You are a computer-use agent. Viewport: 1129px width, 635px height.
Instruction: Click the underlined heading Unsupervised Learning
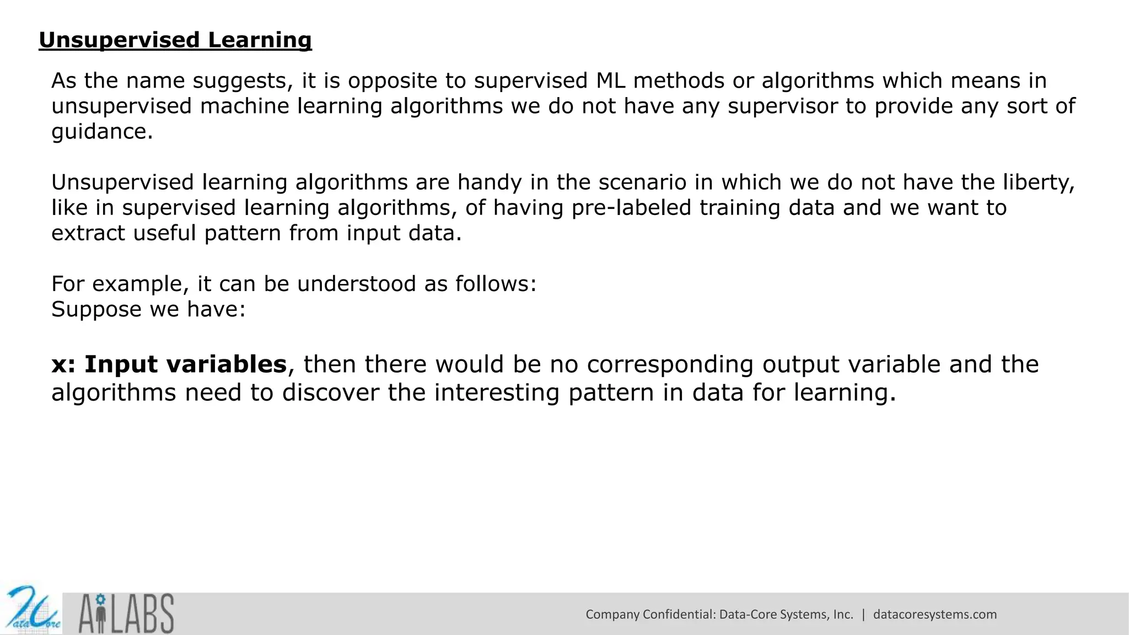pyautogui.click(x=175, y=40)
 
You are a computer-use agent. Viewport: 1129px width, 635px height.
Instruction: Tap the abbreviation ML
pyautogui.click(x=610, y=81)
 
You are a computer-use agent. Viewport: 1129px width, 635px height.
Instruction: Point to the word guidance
pyautogui.click(x=101, y=132)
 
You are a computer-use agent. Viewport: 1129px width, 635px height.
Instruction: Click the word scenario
pyautogui.click(x=642, y=182)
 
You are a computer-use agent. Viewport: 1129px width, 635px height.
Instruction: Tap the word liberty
pyautogui.click(x=1039, y=182)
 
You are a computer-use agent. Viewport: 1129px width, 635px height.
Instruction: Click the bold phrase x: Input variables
pyautogui.click(x=169, y=364)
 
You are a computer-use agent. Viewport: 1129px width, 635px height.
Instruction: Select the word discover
pyautogui.click(x=330, y=393)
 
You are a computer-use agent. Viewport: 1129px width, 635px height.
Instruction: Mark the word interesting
pyautogui.click(x=497, y=393)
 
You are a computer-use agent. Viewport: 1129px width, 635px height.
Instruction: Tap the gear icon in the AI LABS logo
pyautogui.click(x=100, y=599)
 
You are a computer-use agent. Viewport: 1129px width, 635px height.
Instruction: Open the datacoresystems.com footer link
pyautogui.click(x=935, y=615)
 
